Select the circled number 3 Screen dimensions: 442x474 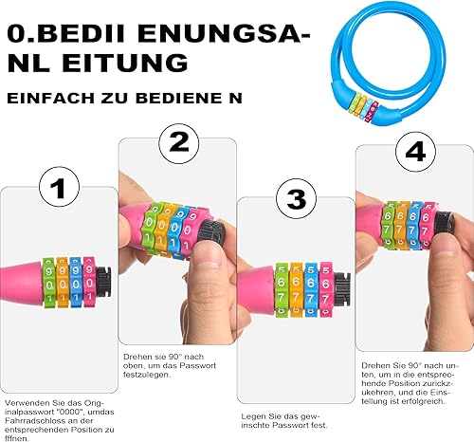click(295, 200)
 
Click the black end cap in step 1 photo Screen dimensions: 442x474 click(107, 282)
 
